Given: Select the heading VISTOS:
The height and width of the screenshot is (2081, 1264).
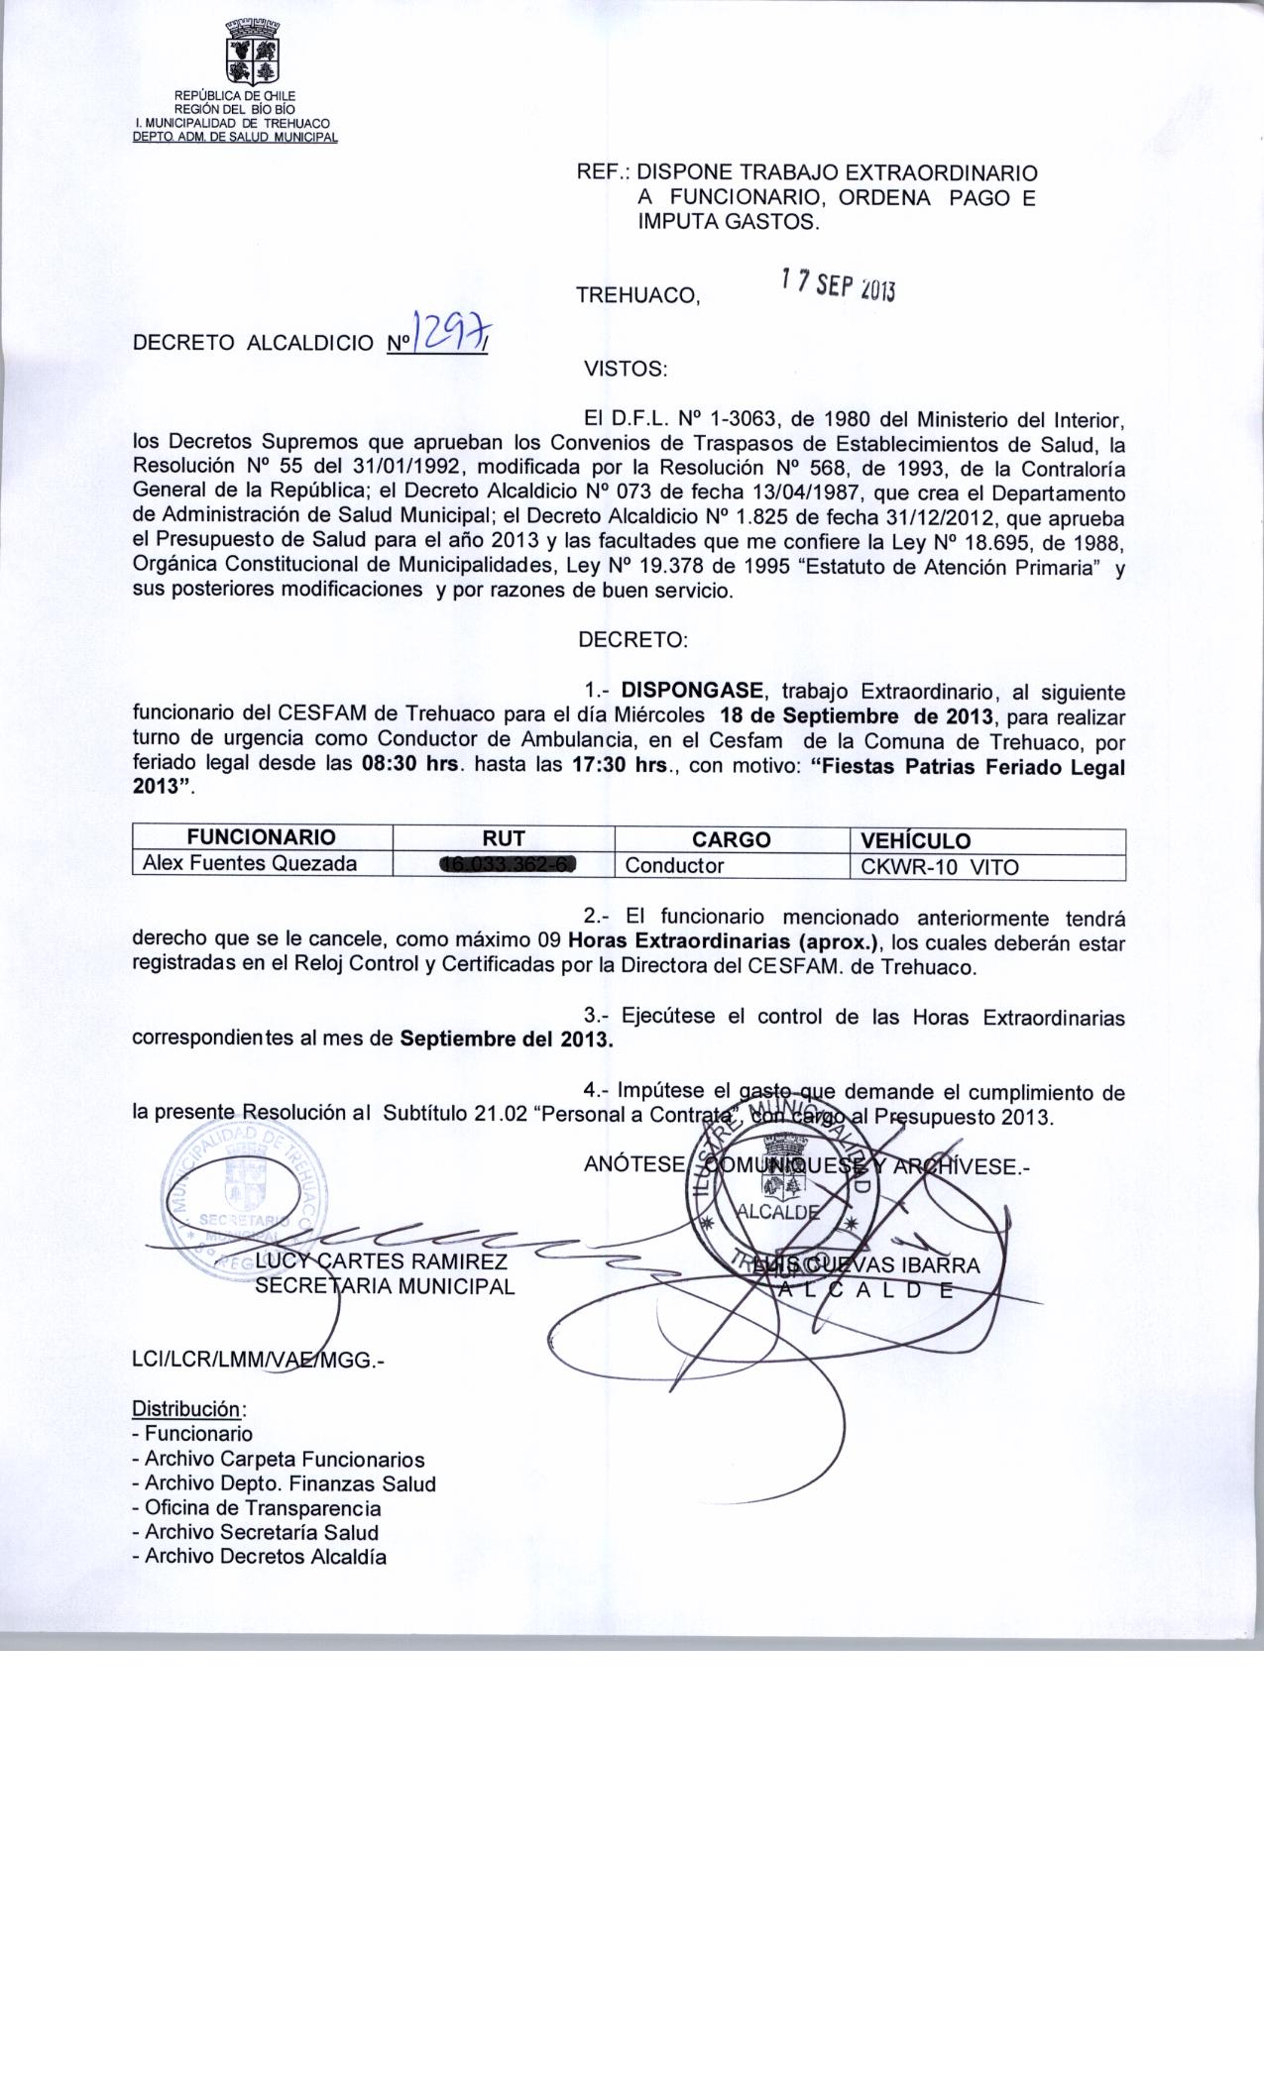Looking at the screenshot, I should coord(626,370).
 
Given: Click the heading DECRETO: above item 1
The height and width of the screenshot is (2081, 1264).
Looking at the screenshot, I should coord(632,639).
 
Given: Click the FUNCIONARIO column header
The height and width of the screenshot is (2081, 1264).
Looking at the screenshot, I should coord(262,837).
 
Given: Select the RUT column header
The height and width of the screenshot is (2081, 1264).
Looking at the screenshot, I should coord(505,838).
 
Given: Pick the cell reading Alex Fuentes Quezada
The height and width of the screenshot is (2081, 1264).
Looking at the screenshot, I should coord(250,863).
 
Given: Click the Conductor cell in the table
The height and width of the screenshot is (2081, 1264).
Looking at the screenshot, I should coord(674,865).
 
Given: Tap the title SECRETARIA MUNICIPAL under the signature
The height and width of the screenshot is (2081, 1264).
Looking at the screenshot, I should coord(385,1286).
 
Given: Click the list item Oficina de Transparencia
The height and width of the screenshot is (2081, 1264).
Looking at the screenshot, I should coord(263,1508).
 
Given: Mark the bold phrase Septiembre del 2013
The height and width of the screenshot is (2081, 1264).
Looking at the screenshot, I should coord(507,1040).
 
